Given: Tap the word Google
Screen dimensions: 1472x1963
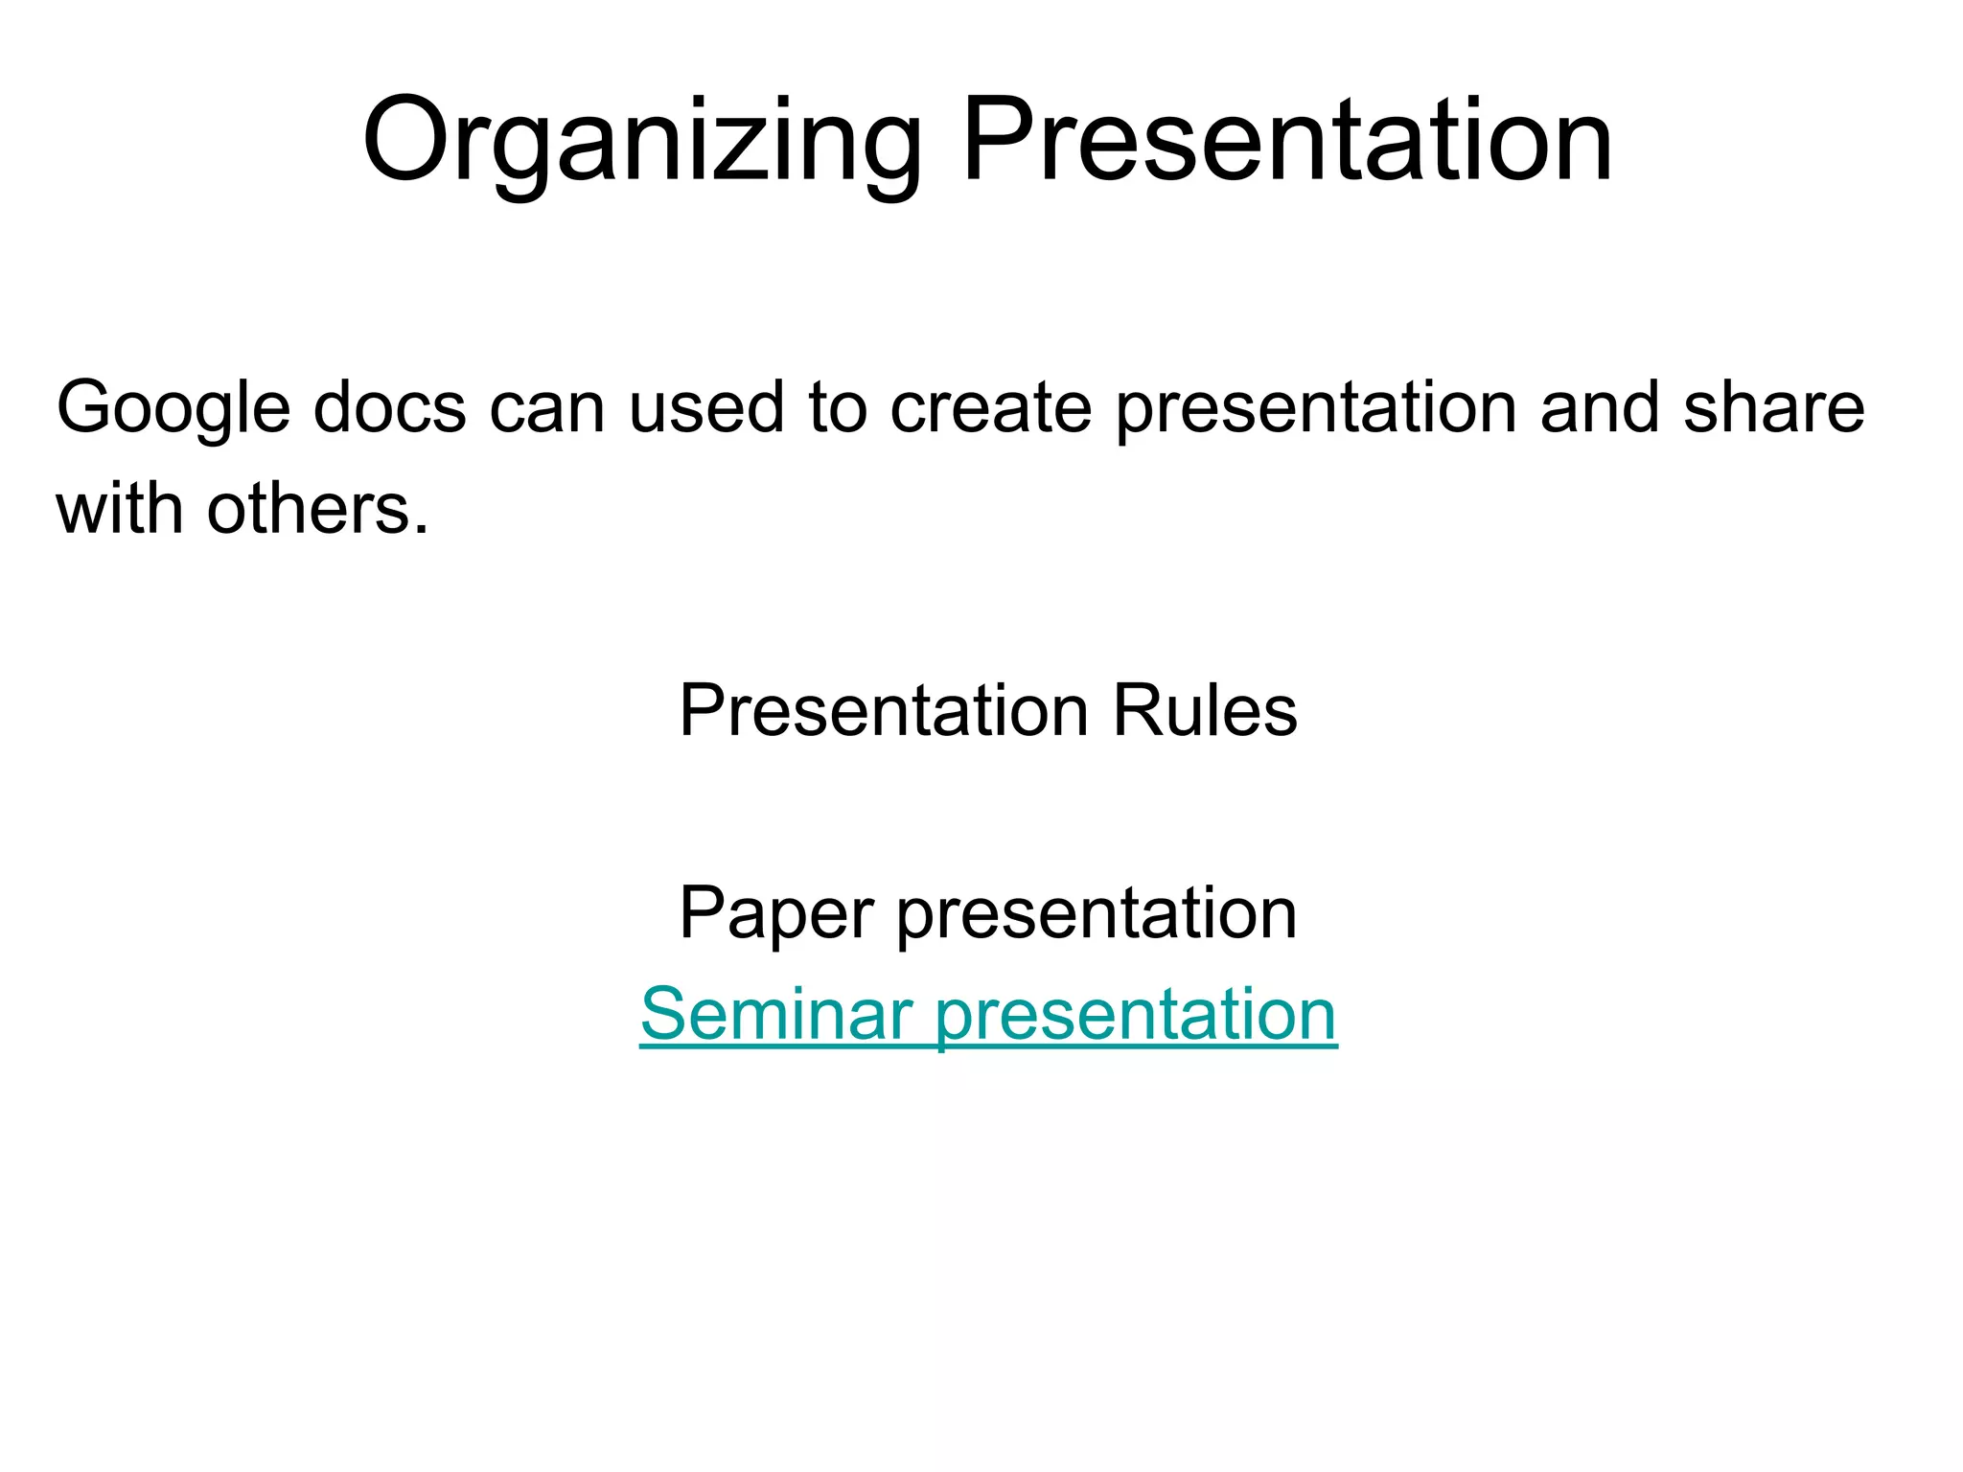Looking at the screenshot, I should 173,408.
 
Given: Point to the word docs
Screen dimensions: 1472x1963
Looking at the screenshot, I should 389,408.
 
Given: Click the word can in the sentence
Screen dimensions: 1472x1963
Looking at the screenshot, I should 547,408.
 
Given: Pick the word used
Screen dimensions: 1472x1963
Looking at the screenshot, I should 706,408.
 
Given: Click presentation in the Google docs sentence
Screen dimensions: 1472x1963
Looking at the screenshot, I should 1317,408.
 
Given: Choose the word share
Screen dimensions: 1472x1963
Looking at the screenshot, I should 1774,408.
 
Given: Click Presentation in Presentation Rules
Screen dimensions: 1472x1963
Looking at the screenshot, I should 884,711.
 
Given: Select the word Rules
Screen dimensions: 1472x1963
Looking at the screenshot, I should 1205,711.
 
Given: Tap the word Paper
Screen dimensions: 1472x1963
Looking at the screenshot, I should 775,912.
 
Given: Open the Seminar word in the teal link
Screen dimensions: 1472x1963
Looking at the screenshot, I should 775,1014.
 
